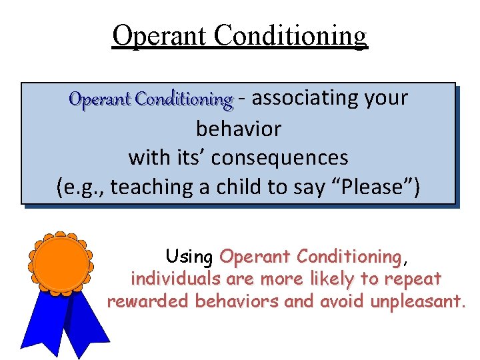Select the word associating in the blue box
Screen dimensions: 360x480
pos(305,98)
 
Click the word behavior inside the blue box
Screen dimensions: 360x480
pos(239,128)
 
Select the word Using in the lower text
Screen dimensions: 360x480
pos(189,257)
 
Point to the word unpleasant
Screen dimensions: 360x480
pos(415,302)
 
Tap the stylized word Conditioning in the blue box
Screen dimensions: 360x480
pos(183,100)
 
